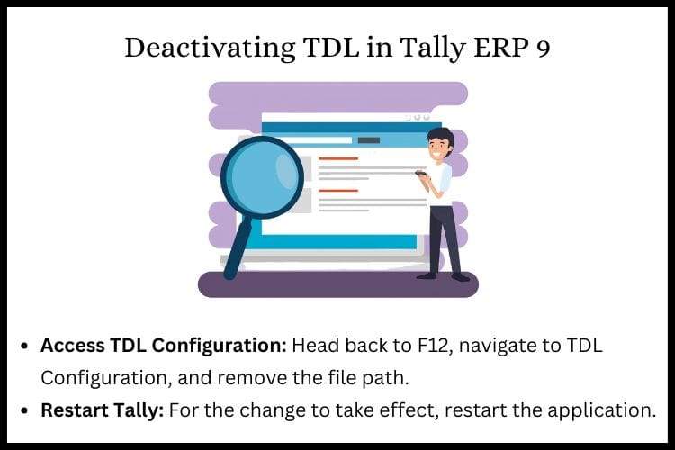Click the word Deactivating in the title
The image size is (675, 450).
coord(210,48)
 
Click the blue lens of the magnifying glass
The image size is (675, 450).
coord(262,177)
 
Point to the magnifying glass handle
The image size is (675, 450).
coord(236,247)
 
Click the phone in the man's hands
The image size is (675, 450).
coord(420,173)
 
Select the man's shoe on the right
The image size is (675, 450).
coord(460,277)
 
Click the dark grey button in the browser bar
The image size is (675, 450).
coord(369,140)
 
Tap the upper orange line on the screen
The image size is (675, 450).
coord(338,159)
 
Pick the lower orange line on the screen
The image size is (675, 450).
coord(338,190)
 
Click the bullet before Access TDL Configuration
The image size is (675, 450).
coord(24,346)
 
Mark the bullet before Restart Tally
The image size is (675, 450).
coord(24,410)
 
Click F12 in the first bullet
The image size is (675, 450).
coord(435,346)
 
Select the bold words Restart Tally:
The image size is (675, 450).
coord(103,410)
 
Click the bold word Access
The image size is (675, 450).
coord(73,346)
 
